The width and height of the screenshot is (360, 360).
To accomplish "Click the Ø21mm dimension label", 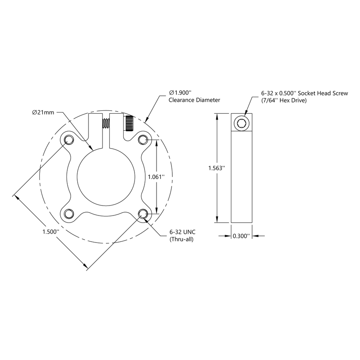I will click(43, 113).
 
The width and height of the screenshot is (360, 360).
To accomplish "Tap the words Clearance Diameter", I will click(194, 100).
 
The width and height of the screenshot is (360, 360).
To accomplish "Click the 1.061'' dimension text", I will click(156, 176).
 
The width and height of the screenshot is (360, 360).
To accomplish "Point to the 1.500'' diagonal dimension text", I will click(51, 232).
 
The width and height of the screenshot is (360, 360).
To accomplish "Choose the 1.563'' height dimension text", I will click(216, 168).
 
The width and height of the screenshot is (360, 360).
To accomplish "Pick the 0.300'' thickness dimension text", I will click(241, 236).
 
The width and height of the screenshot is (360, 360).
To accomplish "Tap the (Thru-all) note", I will click(181, 240).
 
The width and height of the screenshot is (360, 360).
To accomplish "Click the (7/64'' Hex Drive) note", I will click(284, 100).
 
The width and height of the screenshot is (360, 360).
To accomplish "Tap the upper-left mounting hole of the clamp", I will click(68, 139).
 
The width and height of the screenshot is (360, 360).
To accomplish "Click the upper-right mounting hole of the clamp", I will click(143, 139).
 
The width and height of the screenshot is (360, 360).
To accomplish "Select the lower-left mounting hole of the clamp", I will click(68, 213).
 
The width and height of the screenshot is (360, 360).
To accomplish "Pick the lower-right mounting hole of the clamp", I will click(143, 213).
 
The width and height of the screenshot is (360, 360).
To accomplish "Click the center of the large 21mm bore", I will click(106, 176).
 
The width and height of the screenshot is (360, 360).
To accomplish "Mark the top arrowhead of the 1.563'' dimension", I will click(216, 117).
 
